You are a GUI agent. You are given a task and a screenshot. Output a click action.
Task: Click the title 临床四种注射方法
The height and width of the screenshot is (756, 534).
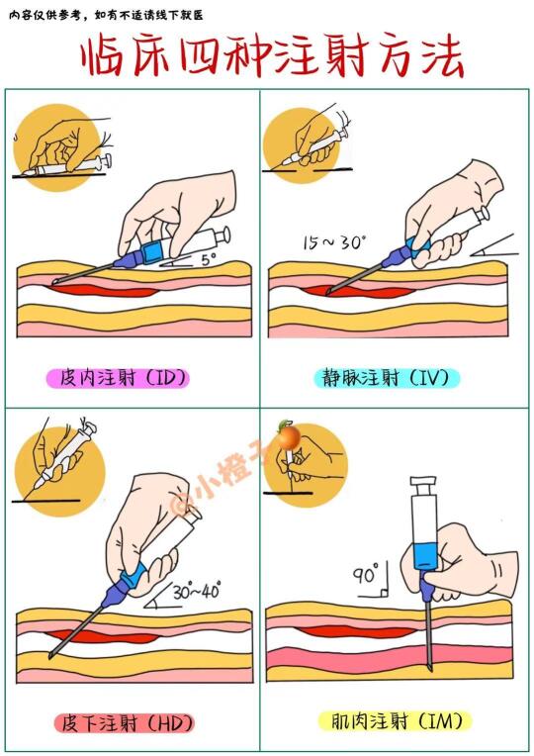[272, 57]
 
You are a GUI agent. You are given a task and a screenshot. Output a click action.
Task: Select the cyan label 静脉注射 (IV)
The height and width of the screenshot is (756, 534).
[387, 378]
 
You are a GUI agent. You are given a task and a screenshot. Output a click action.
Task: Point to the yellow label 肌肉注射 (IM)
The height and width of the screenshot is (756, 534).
[396, 721]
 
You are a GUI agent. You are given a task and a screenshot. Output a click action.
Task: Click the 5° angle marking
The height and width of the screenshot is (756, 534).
[209, 260]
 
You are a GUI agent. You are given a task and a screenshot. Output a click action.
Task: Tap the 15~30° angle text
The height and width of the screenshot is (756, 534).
[334, 242]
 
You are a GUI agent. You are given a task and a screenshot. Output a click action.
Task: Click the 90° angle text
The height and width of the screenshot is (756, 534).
[366, 573]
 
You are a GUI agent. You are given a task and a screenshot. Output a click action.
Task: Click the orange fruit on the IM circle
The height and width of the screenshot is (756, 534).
[288, 436]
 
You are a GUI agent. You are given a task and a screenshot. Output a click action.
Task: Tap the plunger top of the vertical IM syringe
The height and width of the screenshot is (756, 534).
[423, 481]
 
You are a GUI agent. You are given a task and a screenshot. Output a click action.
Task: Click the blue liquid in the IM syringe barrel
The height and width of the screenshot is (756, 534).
[425, 556]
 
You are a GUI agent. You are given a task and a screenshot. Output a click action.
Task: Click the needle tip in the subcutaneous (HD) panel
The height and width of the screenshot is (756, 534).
[49, 656]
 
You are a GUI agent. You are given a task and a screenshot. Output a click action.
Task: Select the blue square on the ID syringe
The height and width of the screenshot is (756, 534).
[154, 251]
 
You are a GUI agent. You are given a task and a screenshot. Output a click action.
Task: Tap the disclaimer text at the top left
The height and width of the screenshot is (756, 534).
[106, 15]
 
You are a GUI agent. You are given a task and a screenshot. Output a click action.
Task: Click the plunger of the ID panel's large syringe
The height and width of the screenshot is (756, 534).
[222, 236]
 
